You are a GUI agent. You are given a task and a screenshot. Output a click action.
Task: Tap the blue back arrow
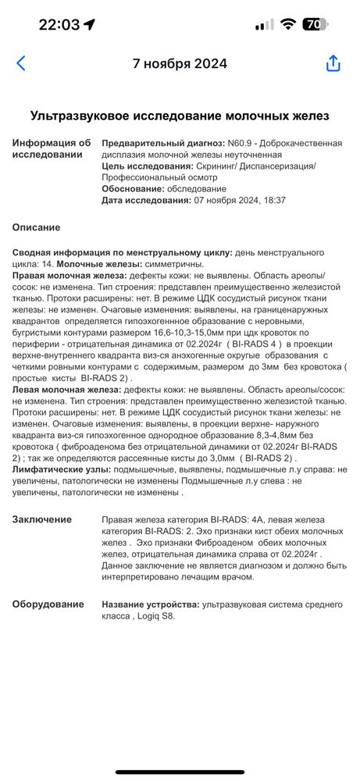[x=21, y=63]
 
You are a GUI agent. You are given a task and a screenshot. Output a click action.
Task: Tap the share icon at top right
[x=333, y=63]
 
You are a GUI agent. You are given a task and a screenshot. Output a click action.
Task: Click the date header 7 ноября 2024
[x=180, y=63]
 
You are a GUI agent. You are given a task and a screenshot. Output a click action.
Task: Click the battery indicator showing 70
[x=312, y=24]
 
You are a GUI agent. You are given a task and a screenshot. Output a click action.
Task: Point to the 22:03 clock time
[x=59, y=24]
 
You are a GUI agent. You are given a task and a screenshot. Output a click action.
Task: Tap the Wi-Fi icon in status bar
[x=288, y=24]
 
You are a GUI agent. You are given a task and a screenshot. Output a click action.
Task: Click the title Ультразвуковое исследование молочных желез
[x=180, y=116]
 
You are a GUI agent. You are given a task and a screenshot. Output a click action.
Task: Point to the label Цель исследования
[x=149, y=166]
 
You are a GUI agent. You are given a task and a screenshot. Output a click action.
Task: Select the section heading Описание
[x=37, y=227]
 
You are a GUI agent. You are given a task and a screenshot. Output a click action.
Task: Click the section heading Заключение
[x=43, y=519]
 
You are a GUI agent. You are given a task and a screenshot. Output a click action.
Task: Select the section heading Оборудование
[x=48, y=604]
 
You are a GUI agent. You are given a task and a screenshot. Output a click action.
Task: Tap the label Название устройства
[x=150, y=604]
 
